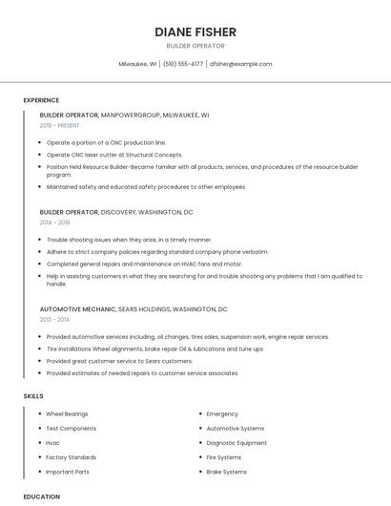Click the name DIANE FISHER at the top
coord(195,32)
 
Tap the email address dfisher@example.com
coord(240,64)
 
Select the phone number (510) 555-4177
coord(182,64)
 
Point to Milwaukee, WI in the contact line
coord(138,64)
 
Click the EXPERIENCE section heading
coord(41,100)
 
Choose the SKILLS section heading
coord(33,395)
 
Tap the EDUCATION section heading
coord(41,496)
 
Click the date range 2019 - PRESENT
coord(60,125)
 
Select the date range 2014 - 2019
coord(55,221)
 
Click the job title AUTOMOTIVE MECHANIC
coord(77,309)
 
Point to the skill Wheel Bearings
coord(67,414)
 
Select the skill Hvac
coord(52,443)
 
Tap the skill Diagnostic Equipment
coord(237,443)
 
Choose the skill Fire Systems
coord(225,457)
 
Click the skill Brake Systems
coord(226,472)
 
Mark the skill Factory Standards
coord(71,457)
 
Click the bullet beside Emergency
coord(199,414)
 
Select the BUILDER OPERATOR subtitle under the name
coord(195,46)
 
